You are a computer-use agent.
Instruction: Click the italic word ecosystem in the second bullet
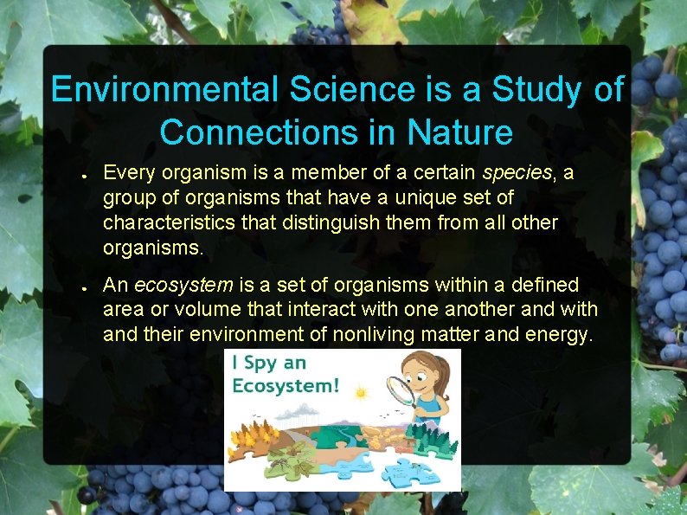point(184,285)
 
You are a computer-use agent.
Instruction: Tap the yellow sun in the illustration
point(361,394)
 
